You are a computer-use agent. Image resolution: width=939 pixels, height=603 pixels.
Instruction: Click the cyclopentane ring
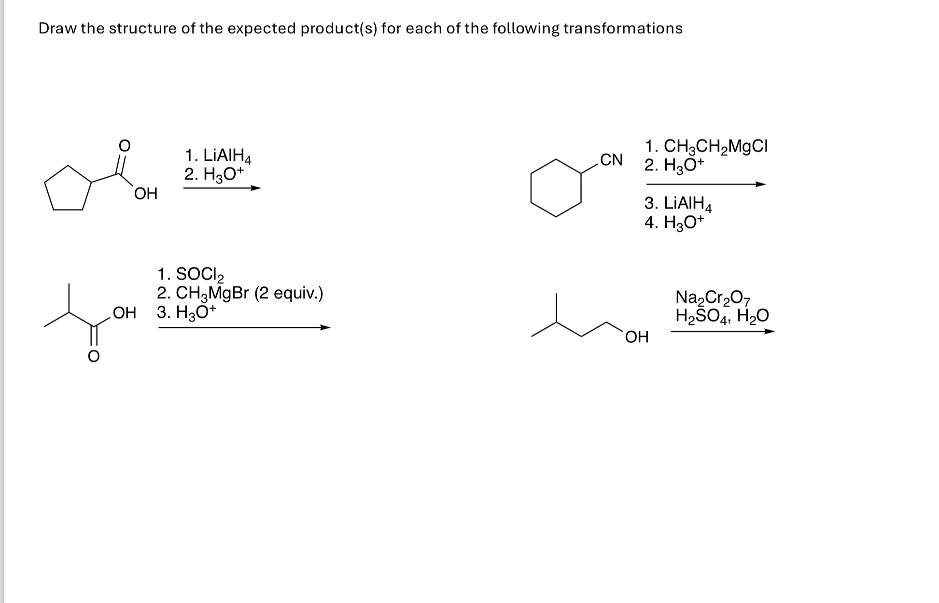(x=68, y=191)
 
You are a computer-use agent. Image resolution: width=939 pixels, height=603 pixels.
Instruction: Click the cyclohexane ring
(x=556, y=188)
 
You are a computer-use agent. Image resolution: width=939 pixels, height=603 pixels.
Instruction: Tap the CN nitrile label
(x=611, y=160)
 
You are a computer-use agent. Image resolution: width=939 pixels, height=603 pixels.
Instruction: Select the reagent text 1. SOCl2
(x=191, y=275)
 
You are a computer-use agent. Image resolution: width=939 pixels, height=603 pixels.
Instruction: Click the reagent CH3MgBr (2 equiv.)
(x=240, y=294)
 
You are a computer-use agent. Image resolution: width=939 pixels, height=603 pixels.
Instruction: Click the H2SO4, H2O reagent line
(x=722, y=316)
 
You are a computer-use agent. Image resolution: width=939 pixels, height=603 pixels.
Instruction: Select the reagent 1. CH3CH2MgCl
(x=706, y=146)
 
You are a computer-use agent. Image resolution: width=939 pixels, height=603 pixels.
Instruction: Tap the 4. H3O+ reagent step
(x=674, y=223)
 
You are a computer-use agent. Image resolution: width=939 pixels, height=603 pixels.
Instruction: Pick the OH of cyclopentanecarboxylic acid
(x=146, y=194)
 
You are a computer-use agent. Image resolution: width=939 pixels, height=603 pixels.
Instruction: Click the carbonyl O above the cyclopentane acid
(x=124, y=144)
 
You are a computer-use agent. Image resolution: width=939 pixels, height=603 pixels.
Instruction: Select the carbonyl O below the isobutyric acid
(x=94, y=356)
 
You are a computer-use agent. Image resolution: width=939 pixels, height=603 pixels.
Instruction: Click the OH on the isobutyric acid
(x=124, y=313)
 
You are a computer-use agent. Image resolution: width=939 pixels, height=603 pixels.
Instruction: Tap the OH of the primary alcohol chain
(x=637, y=337)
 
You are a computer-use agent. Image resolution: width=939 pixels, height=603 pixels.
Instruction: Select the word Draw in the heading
(x=57, y=28)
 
